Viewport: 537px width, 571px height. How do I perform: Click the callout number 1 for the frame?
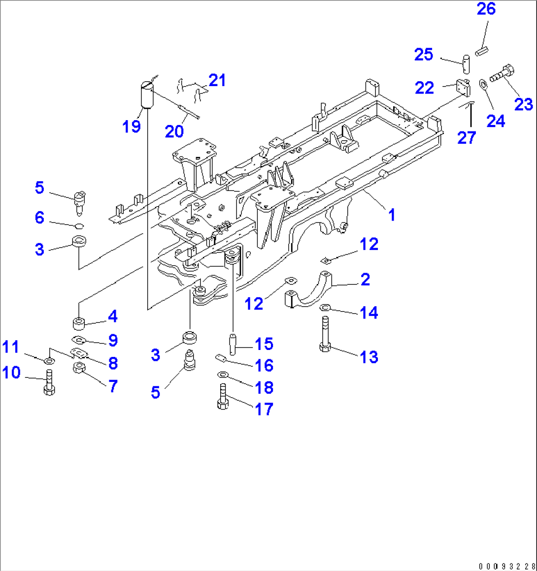392,215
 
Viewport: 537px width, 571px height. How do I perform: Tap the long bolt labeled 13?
325,334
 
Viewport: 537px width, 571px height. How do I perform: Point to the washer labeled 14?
326,308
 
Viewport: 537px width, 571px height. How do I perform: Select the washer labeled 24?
483,84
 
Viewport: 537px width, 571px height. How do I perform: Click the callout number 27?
466,137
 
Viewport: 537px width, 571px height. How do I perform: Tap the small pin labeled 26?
482,50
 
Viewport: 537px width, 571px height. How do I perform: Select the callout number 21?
217,80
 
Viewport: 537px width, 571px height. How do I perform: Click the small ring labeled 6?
79,226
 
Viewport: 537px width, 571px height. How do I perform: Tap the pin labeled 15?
232,343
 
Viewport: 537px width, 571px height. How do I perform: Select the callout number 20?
174,131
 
